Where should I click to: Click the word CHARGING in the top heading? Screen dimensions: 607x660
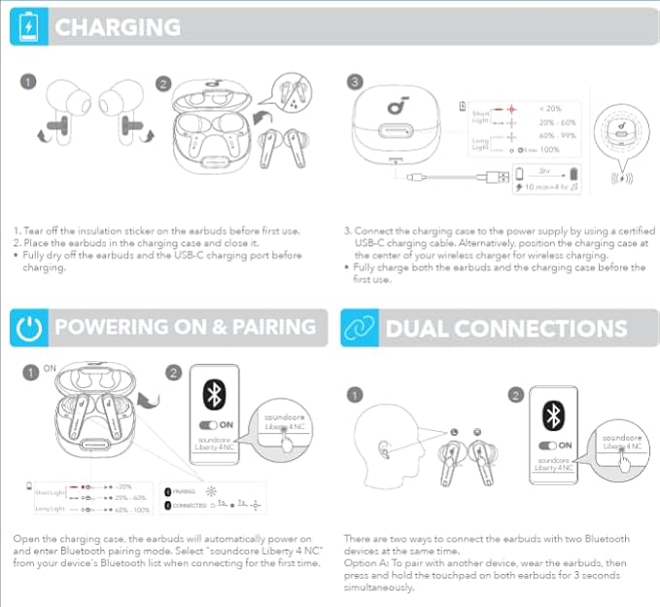118,27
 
